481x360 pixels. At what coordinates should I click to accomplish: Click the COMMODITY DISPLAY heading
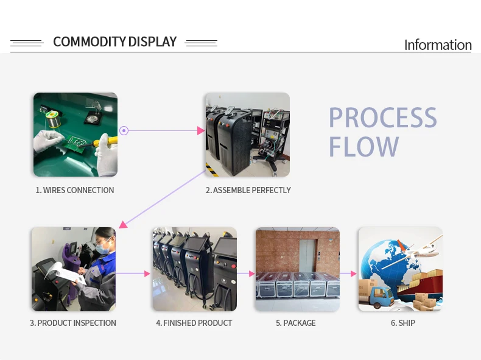point(114,42)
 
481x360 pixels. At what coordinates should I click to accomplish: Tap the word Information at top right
point(437,45)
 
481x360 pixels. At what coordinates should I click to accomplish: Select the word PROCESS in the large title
point(382,118)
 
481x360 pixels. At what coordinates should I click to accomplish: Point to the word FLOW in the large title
point(363,147)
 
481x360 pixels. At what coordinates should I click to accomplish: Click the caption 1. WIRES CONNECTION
point(75,190)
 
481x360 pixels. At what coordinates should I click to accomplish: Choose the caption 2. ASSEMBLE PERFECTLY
point(248,190)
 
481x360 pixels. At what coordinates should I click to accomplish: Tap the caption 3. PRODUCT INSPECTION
point(73,323)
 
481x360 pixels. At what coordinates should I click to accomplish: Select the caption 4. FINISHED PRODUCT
point(194,323)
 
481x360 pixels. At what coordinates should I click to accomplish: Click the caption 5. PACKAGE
point(296,323)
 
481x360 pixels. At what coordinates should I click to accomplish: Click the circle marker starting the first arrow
point(124,130)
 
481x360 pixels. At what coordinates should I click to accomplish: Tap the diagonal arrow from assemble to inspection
point(161,199)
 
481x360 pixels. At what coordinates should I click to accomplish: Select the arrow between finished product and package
point(246,274)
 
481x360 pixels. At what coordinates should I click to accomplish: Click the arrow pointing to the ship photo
point(348,274)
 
